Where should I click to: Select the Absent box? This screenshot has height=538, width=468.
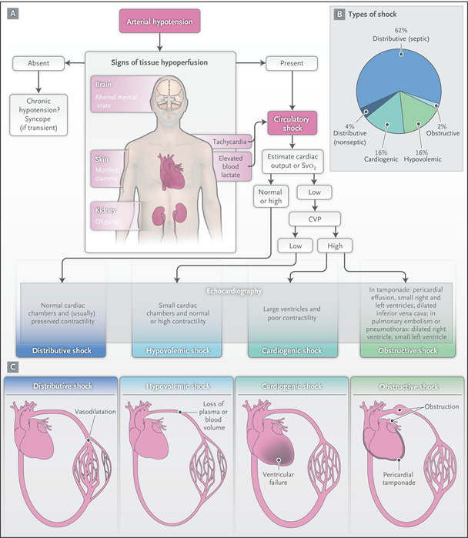[39, 63]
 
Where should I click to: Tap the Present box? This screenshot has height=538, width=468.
[292, 63]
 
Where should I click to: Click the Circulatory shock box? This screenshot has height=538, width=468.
[292, 123]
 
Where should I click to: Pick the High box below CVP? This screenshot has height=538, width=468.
[335, 246]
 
